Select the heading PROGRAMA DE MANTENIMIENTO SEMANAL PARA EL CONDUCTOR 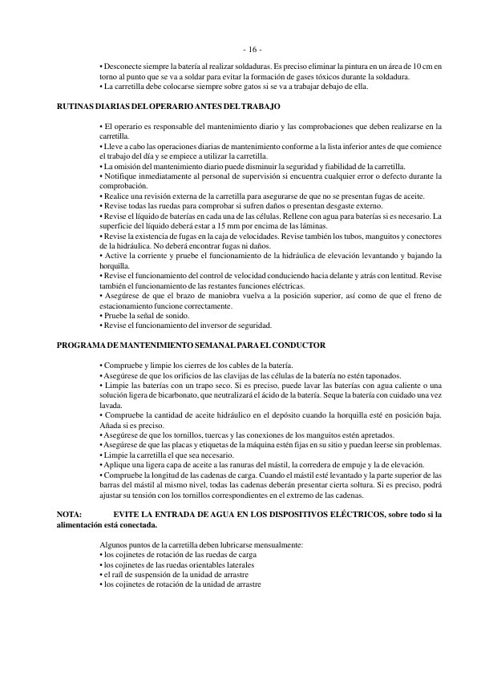click(x=192, y=345)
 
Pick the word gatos click(x=239, y=86)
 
